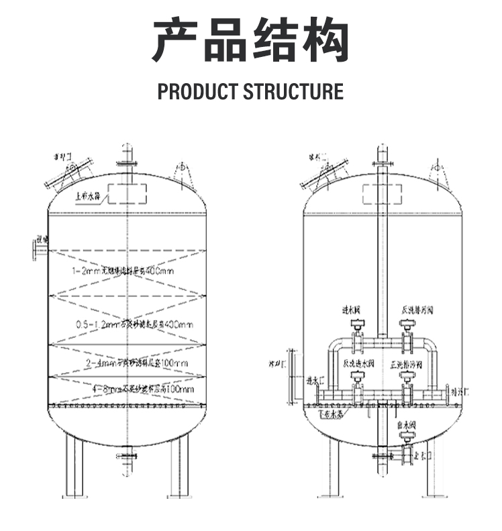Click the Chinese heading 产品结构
[x=250, y=42]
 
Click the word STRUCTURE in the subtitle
[x=293, y=91]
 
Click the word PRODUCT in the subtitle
[x=197, y=91]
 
